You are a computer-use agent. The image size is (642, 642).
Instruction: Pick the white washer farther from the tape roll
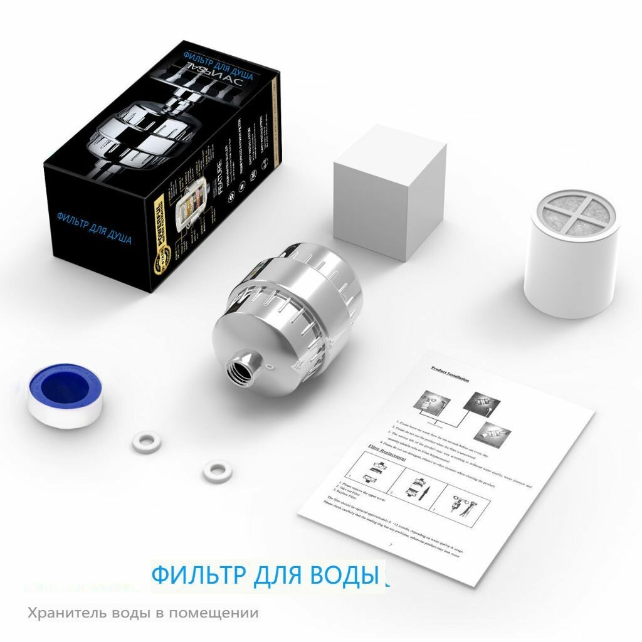tap(215, 468)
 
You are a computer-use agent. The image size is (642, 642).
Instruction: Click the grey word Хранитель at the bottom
tap(66, 613)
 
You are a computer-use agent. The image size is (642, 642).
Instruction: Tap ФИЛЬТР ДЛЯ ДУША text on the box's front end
tap(94, 228)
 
